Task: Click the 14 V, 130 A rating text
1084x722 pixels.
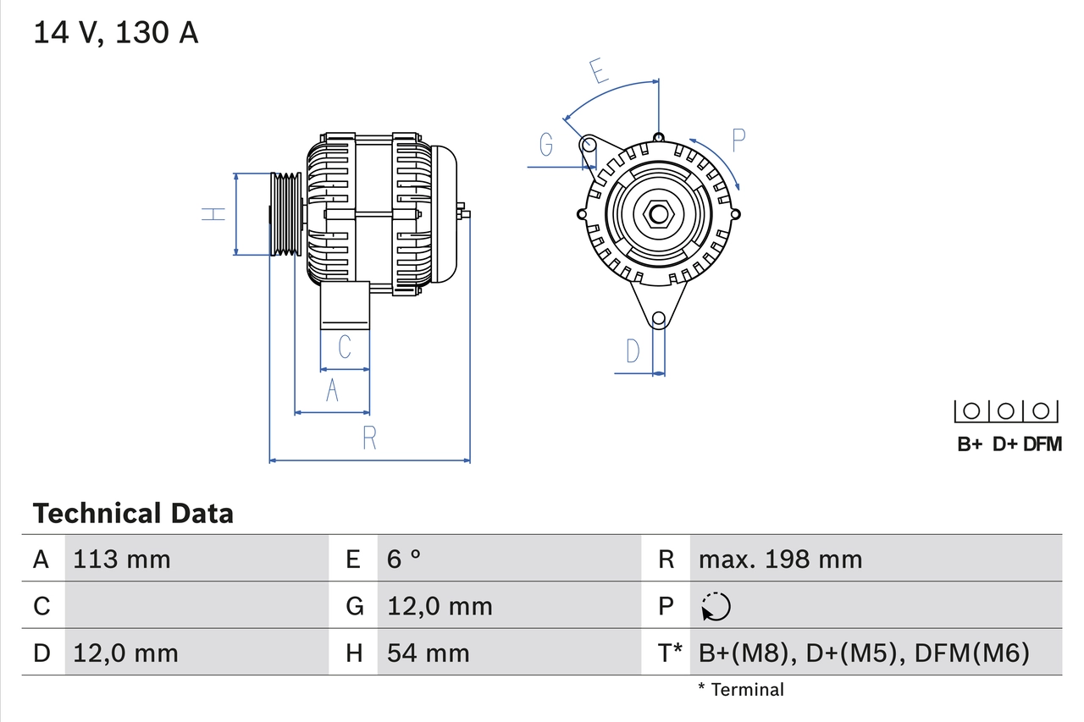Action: coord(115,33)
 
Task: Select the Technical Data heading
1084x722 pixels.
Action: coord(133,513)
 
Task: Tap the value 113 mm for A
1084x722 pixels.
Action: coord(122,559)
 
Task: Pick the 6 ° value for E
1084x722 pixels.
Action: coord(404,559)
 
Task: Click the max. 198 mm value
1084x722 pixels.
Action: coord(780,559)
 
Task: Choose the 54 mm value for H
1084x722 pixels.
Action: coord(428,653)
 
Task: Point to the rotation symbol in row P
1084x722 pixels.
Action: coord(716,606)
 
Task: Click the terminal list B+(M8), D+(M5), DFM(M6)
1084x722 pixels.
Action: coord(863,653)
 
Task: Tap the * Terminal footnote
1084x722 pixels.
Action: coord(741,690)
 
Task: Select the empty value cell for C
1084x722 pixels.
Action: coord(195,606)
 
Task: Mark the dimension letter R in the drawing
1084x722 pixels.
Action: coord(369,438)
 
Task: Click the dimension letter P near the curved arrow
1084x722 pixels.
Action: coord(738,141)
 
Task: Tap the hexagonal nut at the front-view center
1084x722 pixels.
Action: coord(658,214)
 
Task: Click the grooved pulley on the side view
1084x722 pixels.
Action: coord(285,214)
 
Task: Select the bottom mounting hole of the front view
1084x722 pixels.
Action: coord(658,319)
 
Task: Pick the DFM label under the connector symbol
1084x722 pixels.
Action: coord(1042,444)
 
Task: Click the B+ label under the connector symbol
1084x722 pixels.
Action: coord(970,444)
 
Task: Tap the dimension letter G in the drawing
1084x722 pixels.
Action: coord(546,146)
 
